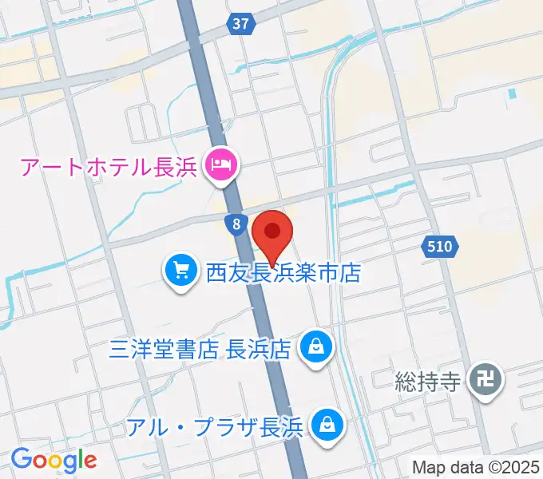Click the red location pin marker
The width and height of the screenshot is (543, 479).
click(272, 234)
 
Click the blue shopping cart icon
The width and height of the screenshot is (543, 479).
click(181, 273)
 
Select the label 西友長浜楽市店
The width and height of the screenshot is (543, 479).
click(283, 274)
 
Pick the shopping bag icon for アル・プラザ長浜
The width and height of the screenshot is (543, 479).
click(327, 424)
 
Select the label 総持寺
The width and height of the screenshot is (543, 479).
click(429, 382)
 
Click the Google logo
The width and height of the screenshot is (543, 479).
click(54, 459)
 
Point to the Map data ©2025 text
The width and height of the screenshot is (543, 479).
click(476, 467)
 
